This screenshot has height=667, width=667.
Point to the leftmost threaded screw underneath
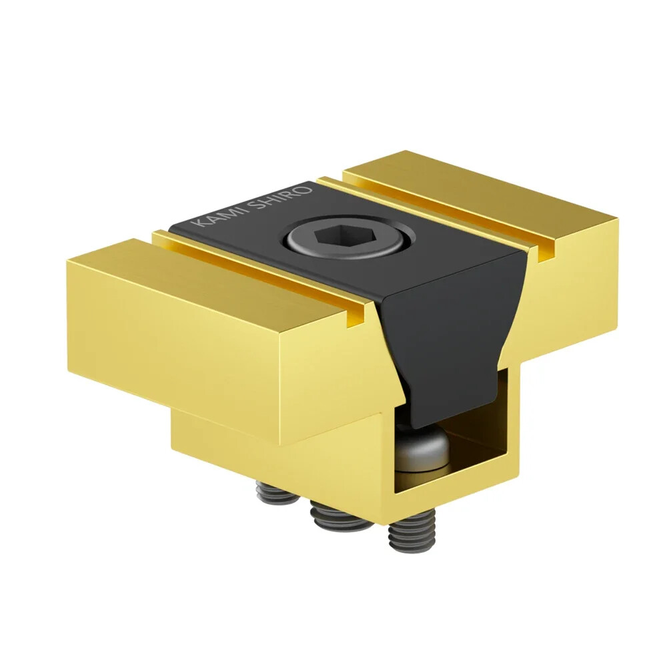275,495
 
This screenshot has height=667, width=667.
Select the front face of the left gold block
220,360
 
